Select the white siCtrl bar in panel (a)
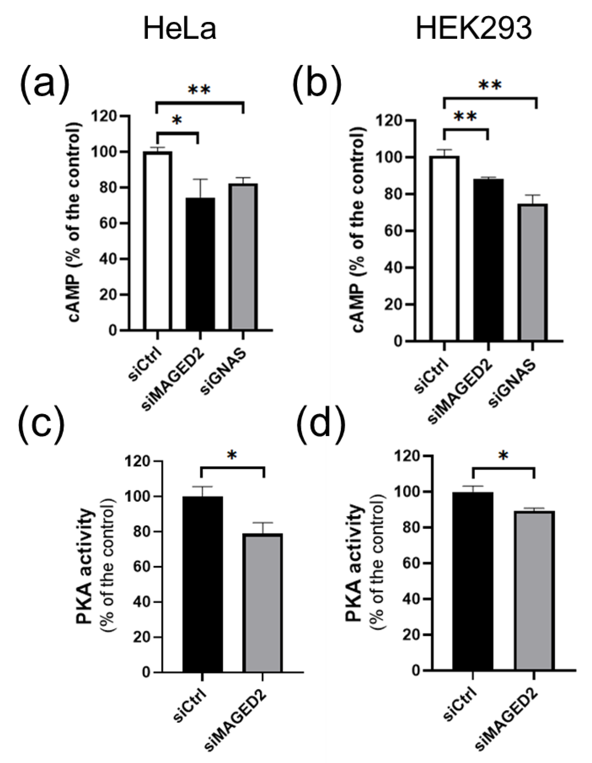[x=157, y=241]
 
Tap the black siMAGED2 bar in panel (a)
[x=200, y=264]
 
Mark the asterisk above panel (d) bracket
[x=503, y=456]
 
